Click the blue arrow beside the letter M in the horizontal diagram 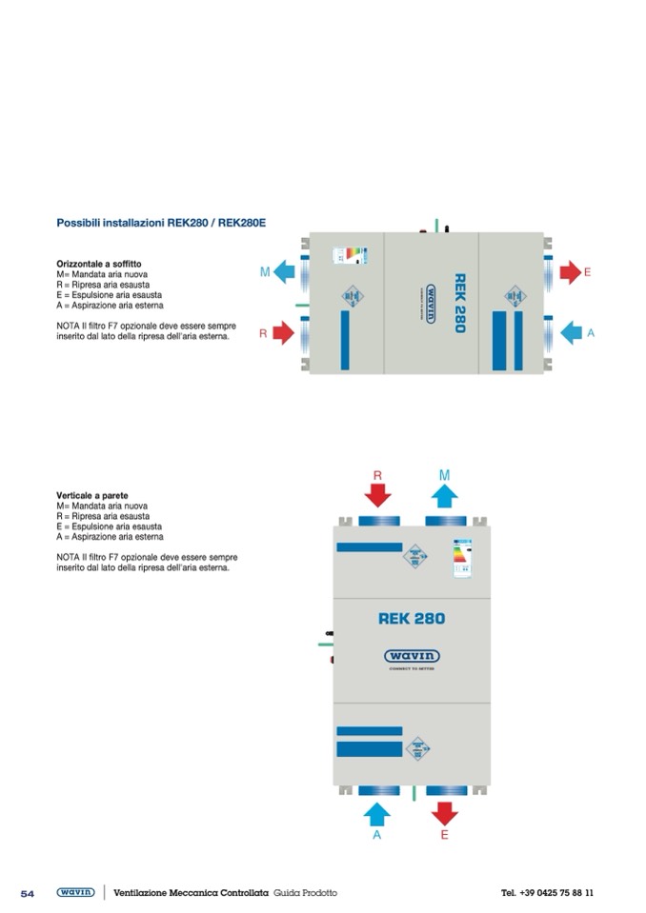tap(285, 272)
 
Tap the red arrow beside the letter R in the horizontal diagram tap(284, 332)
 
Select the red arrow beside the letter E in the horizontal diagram tap(570, 272)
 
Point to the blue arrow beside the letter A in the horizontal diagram tap(571, 332)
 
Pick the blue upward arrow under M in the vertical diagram tap(444, 494)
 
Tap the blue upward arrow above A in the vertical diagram tap(377, 812)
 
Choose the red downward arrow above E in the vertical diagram tap(444, 812)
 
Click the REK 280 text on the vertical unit tap(412, 618)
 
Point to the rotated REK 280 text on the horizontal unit tap(459, 304)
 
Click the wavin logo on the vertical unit tap(412, 656)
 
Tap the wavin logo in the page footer tap(75, 892)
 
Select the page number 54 tap(28, 893)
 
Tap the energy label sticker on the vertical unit tap(462, 558)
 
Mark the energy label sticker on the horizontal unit tap(349, 255)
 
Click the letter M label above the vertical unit tap(444, 473)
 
